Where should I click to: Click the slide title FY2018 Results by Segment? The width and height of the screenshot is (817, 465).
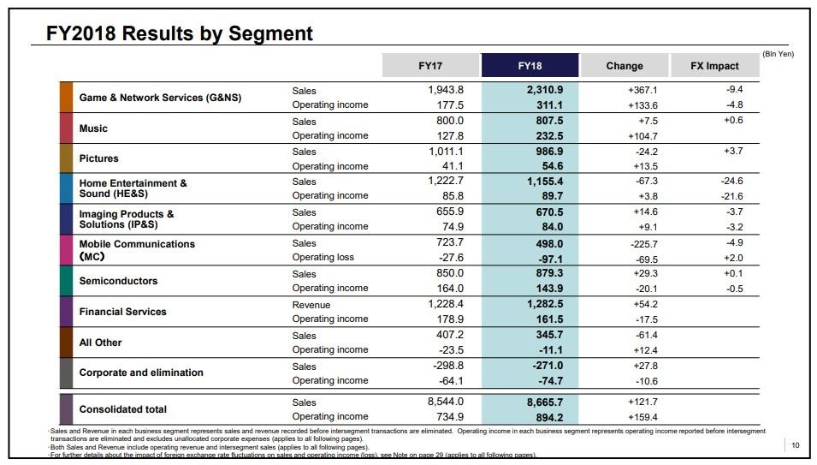tap(179, 33)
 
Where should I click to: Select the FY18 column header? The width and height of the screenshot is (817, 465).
tap(530, 66)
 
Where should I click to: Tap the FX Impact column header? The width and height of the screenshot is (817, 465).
tap(715, 66)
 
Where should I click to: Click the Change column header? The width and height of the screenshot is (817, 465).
tap(625, 66)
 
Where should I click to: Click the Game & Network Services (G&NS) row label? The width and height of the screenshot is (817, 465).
tap(160, 98)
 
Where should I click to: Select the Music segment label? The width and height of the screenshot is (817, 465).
tap(93, 128)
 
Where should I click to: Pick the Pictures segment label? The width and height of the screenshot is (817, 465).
tap(98, 158)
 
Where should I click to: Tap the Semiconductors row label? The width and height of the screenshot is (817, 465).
tap(118, 281)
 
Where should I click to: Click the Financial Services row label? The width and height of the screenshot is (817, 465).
tap(122, 312)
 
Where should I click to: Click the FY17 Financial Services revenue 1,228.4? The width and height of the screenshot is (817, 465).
tap(445, 304)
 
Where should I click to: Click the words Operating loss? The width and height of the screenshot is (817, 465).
tap(323, 257)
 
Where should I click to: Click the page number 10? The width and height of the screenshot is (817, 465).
tap(796, 444)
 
